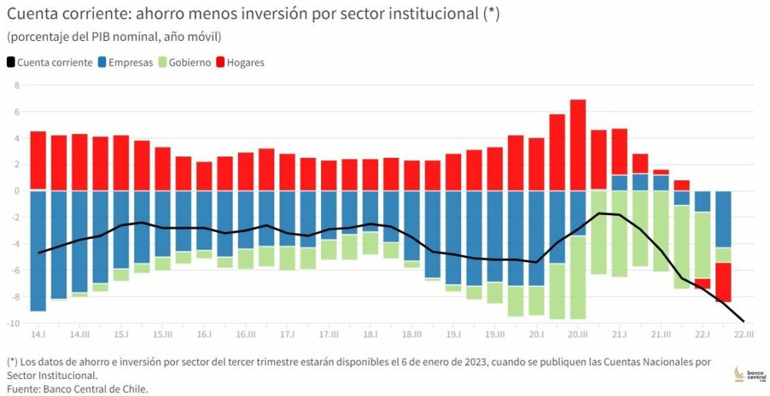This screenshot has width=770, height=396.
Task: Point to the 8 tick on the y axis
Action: (15, 85)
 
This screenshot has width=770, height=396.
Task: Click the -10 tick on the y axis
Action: (12, 324)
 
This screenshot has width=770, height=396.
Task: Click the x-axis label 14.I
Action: (38, 335)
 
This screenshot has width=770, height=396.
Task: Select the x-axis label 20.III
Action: (577, 335)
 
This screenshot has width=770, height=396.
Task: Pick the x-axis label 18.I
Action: (370, 335)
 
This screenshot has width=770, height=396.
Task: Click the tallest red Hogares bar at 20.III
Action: (577, 145)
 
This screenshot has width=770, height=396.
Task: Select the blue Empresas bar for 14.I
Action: (38, 251)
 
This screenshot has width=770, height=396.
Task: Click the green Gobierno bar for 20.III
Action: (577, 277)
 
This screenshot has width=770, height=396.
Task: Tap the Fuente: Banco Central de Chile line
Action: (77, 389)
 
